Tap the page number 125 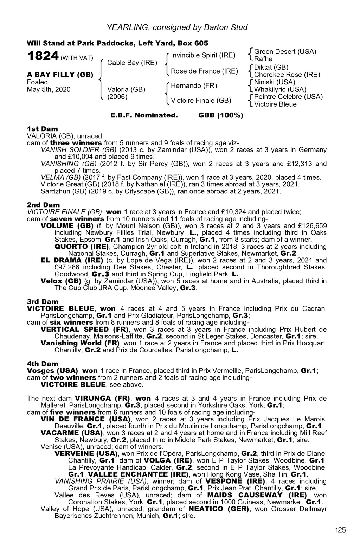[x=340, y=530]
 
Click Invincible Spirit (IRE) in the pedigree [x=203, y=55]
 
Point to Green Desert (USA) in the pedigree [x=285, y=52]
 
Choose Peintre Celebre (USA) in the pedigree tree [x=288, y=97]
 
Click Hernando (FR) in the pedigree [x=194, y=86]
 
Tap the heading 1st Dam [x=43, y=129]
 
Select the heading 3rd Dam [x=43, y=302]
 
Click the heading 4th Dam [x=43, y=364]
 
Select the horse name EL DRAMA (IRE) [x=72, y=260]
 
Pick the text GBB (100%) [x=221, y=115]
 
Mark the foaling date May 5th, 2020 [x=49, y=89]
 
